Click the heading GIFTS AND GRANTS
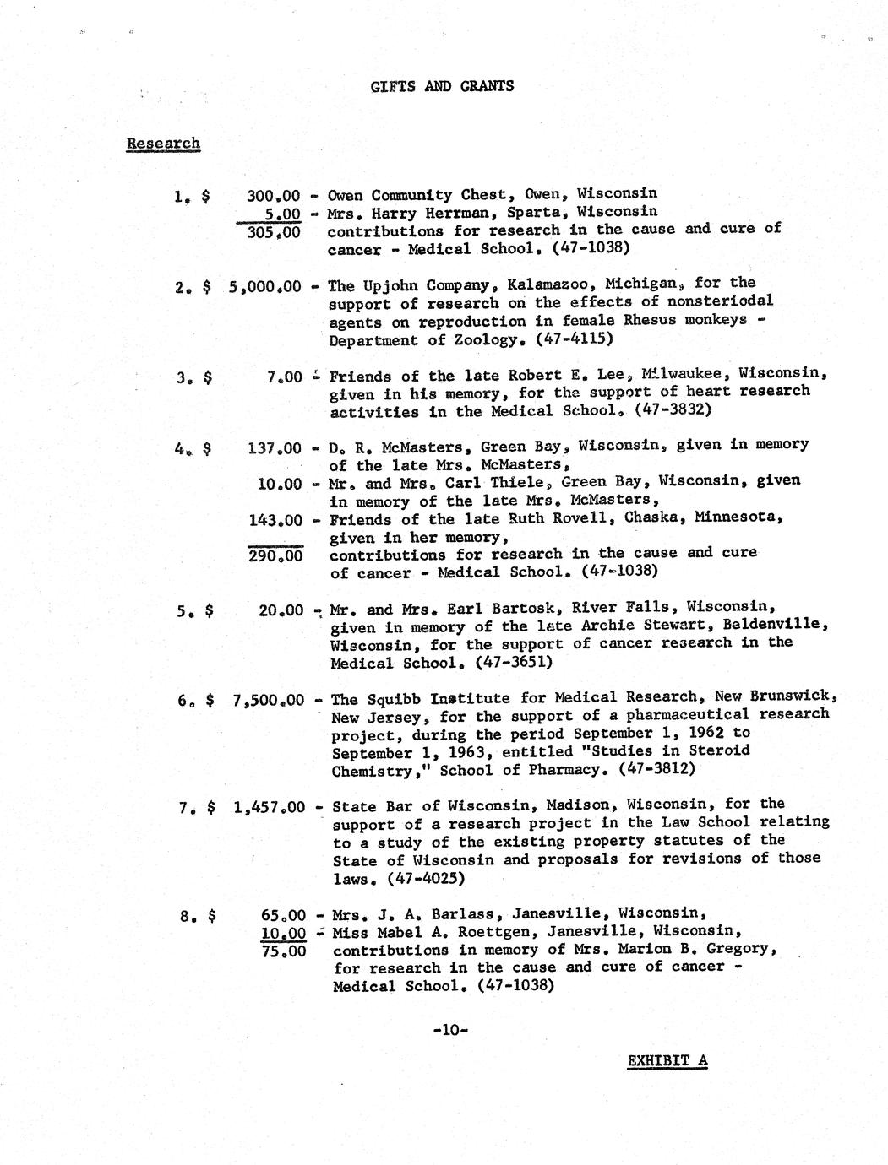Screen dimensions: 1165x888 (x=442, y=86)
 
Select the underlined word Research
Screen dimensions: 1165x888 (x=163, y=143)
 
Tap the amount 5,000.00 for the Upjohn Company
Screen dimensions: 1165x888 (x=264, y=286)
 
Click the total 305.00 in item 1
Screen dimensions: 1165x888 (x=273, y=232)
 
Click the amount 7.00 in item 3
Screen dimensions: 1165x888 (x=284, y=377)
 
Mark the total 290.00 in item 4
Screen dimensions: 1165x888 (x=275, y=556)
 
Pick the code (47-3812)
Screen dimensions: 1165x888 (x=657, y=769)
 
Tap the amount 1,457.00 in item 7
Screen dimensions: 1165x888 (x=269, y=807)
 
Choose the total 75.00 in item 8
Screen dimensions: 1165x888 (x=283, y=951)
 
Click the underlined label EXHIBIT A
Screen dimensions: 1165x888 (x=667, y=1060)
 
